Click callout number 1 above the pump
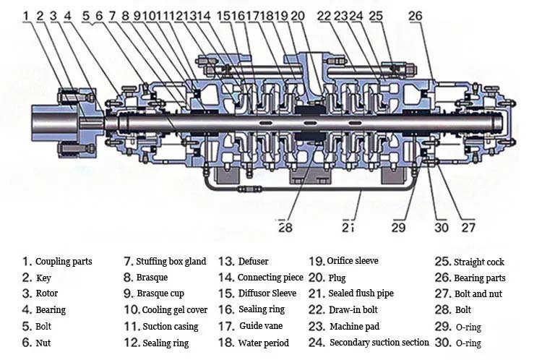click(x=25, y=14)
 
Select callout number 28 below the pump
click(x=286, y=227)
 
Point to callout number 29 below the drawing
click(x=399, y=227)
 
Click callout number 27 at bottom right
click(x=468, y=227)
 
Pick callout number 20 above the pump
click(x=298, y=14)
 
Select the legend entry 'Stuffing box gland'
click(x=171, y=261)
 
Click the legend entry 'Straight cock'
click(x=478, y=262)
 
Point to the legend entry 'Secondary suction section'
click(x=379, y=343)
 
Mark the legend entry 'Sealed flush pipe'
click(x=361, y=293)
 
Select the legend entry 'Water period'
click(x=263, y=343)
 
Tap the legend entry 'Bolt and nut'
click(x=477, y=293)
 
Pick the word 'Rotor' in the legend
click(x=47, y=293)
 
